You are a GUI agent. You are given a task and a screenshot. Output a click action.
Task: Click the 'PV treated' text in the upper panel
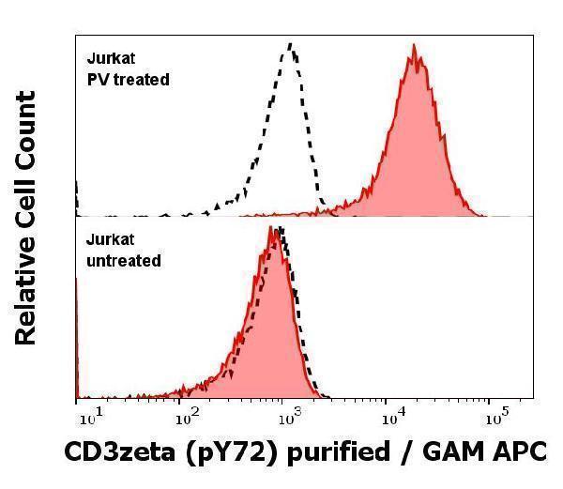tap(128, 80)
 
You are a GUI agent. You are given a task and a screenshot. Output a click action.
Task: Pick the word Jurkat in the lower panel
tap(107, 241)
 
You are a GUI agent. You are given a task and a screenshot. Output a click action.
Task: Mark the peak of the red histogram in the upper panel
tap(413, 56)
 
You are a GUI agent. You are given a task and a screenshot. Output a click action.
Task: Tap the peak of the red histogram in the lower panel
tap(272, 228)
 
